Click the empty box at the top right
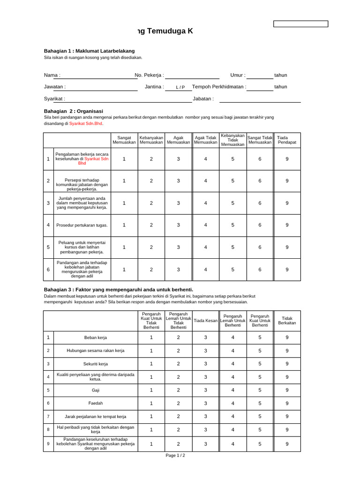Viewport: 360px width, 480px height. tap(300, 24)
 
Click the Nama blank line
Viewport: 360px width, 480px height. tap(99, 75)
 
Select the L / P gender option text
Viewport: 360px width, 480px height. tap(180, 87)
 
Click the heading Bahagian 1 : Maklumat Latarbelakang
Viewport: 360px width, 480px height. tap(89, 51)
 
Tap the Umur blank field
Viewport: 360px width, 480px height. tap(260, 75)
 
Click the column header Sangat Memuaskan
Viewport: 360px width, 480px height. tap(124, 140)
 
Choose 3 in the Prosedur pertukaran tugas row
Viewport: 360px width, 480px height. tap(178, 225)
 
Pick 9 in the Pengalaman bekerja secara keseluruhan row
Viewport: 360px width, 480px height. tap(287, 159)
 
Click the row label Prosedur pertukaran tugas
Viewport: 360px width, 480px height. tap(82, 225)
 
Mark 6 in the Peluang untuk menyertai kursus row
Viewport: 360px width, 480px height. tap(260, 247)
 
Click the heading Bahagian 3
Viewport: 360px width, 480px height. tap(118, 289)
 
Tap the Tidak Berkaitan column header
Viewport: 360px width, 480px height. tap(287, 320)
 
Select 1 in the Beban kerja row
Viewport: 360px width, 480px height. tap(151, 337)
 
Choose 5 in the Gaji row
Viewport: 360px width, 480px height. tap(260, 390)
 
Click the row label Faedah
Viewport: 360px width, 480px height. tap(96, 403)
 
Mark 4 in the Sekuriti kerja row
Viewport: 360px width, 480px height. tap(233, 364)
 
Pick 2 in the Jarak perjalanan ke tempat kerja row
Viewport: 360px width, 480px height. tap(178, 416)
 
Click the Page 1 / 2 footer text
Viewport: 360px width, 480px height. tap(179, 456)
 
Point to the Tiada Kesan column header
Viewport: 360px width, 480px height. tap(205, 321)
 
